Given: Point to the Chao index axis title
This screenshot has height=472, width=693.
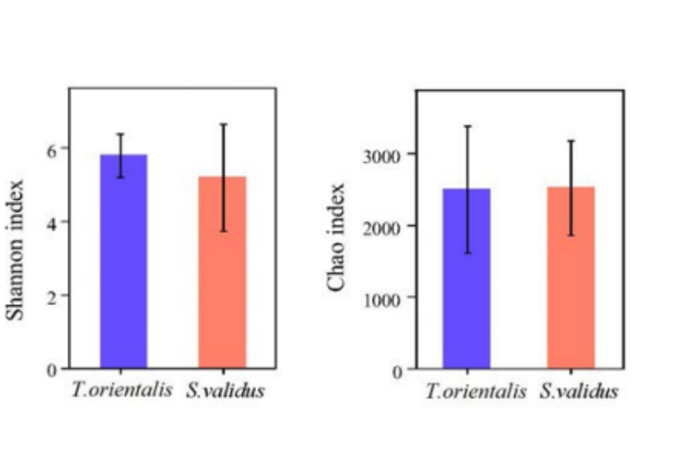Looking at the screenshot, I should point(337,238).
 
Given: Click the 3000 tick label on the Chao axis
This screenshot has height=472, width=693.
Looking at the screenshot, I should point(385,155).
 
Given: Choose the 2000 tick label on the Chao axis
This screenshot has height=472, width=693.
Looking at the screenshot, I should point(385,226).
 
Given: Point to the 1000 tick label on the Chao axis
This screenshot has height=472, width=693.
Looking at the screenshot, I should point(385,298).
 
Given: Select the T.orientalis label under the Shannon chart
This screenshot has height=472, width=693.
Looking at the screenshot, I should point(122,390).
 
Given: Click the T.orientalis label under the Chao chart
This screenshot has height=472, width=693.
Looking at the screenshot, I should point(476,391).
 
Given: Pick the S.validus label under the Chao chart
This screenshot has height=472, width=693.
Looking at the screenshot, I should point(579,391).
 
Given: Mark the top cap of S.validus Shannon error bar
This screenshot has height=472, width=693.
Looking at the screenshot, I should point(222,124).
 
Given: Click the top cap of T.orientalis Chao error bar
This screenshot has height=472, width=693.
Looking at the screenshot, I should point(466,126).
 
